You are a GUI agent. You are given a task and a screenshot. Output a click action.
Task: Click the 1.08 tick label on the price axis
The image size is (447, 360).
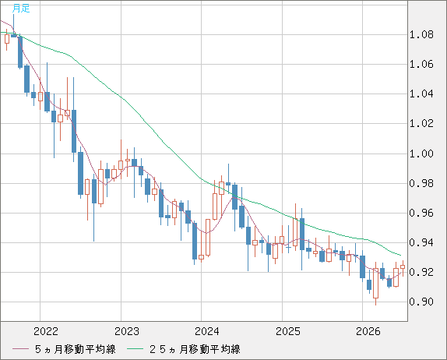point(421,35)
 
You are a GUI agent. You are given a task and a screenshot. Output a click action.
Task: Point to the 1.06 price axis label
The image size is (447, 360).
point(421,64)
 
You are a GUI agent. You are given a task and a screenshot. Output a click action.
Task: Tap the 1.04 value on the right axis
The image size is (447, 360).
point(421,94)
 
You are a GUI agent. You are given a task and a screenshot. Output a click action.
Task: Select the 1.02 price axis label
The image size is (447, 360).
point(421,124)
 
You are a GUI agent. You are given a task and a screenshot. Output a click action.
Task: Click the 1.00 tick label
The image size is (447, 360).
point(421,154)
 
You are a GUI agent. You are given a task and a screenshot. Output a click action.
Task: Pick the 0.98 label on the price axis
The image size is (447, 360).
point(421,183)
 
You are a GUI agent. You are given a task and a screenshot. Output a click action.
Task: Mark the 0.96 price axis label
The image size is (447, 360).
point(421,213)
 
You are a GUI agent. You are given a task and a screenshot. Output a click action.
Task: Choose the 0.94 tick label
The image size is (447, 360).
point(421,243)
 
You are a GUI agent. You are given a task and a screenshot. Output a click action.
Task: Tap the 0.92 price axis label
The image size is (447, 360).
point(421,272)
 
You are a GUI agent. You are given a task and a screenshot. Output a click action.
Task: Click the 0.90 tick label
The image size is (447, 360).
point(421,302)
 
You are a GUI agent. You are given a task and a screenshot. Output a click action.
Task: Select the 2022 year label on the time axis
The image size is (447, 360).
point(46,331)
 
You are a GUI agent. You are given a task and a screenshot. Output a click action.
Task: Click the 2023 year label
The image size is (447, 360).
point(127,331)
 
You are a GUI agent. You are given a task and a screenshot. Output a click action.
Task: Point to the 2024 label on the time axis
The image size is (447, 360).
point(207,331)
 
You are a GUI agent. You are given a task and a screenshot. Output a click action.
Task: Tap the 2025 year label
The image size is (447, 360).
point(288,331)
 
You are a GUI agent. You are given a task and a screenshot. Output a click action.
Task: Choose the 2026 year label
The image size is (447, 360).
point(368,331)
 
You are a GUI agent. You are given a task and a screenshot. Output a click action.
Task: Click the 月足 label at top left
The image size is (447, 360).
point(21,9)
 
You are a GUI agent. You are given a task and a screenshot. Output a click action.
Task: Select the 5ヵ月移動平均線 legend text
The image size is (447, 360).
point(76,349)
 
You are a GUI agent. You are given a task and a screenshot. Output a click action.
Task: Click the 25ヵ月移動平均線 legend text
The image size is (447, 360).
point(195,349)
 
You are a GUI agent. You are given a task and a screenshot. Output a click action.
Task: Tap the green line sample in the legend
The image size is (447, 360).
point(135,349)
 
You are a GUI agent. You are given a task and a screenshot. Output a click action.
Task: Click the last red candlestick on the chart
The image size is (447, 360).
point(403,267)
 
